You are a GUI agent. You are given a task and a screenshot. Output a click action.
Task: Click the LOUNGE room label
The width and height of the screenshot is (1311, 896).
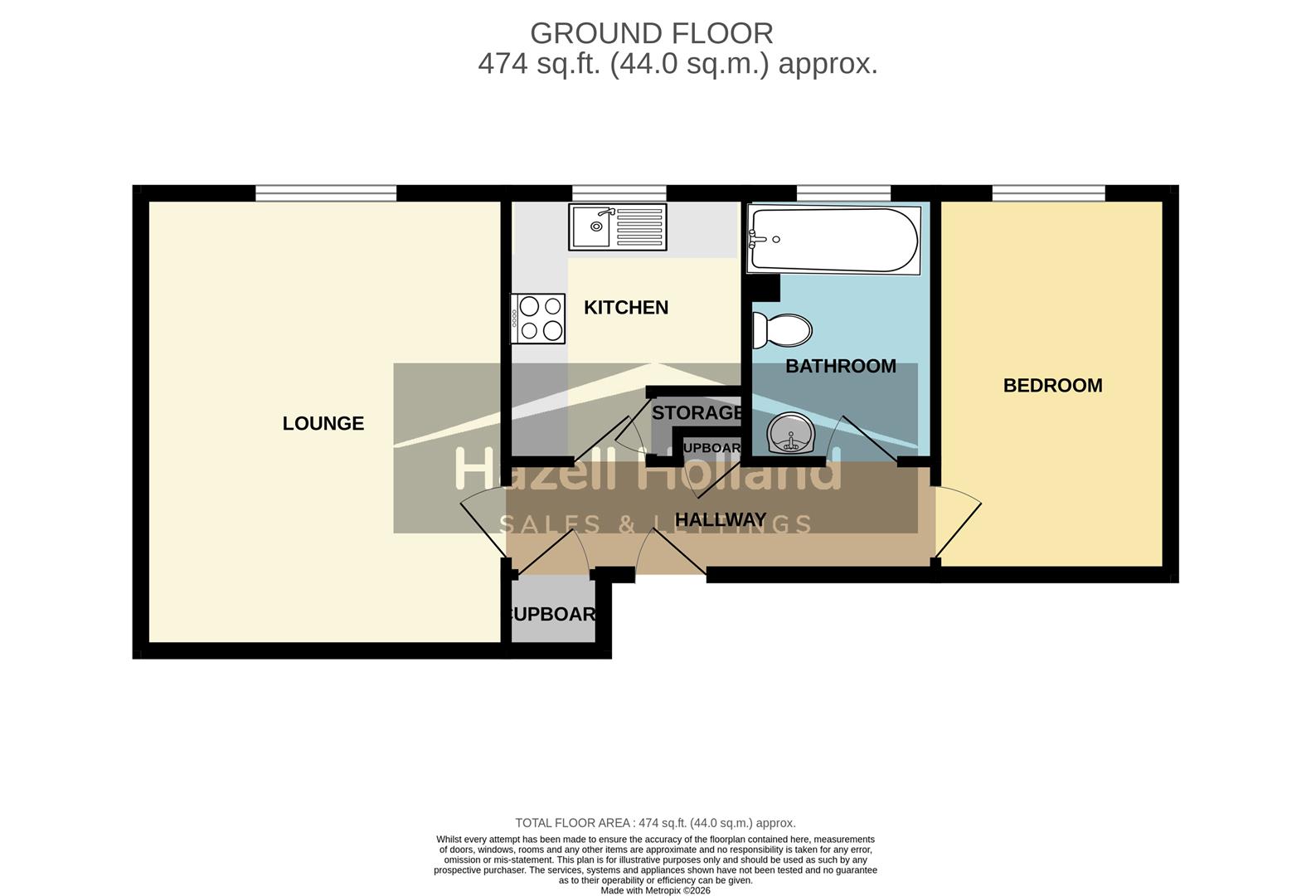pos(323,423)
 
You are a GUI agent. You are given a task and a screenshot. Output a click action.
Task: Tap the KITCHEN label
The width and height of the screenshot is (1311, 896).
pos(625,308)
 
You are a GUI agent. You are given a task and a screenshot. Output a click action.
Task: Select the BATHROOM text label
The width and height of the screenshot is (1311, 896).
pos(840,366)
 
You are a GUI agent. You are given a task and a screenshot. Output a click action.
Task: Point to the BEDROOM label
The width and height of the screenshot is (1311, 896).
pos(1052,386)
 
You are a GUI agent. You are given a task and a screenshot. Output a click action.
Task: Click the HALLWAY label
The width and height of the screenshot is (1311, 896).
pos(720,519)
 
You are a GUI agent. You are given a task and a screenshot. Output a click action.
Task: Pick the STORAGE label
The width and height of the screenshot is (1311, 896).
pos(696,412)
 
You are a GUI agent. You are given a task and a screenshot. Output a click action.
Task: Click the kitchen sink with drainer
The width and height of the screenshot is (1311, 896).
pos(617,226)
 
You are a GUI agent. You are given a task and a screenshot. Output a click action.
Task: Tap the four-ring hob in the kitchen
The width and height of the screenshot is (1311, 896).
pos(537,319)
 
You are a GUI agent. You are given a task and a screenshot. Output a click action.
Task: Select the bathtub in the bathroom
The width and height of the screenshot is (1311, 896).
pos(833,240)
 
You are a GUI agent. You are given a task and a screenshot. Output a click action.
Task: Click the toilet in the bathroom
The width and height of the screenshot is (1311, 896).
pos(782,330)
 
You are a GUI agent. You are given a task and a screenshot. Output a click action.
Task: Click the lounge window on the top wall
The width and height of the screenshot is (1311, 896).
pos(325,193)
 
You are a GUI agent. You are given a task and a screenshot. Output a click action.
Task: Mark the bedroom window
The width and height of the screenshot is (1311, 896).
pos(1048,193)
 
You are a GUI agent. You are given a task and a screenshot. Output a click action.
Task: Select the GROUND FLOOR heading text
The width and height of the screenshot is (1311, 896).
pos(651,33)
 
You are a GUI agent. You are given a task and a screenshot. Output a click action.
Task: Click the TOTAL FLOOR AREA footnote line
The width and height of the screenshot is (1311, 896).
pos(655,823)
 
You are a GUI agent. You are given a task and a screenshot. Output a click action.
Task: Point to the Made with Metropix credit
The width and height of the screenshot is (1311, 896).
pos(655,890)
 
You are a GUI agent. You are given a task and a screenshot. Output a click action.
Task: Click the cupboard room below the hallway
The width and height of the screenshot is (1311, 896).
pos(552,613)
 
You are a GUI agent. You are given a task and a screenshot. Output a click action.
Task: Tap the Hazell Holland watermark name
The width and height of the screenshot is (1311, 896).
pos(647,472)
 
